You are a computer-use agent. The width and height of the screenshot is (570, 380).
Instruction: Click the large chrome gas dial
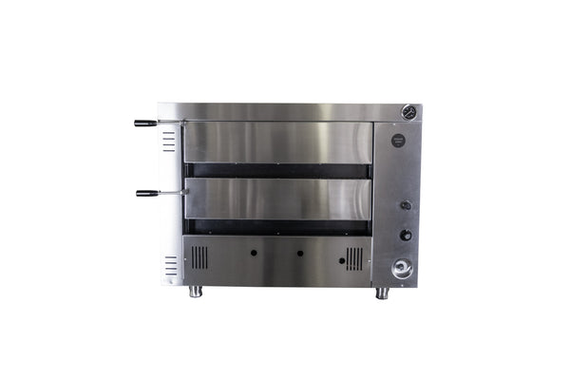tap(403, 269)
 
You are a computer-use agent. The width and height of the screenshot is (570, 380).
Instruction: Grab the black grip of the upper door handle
tap(145, 123)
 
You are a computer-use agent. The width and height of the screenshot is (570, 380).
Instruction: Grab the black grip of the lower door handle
tap(147, 193)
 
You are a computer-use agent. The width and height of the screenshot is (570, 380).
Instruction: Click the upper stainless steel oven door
tap(276, 142)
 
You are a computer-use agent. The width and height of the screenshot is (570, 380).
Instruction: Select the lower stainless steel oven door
tap(276, 199)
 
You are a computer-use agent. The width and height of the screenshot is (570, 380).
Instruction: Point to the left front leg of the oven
tap(196, 292)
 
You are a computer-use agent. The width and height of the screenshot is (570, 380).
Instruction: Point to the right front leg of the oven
tap(382, 293)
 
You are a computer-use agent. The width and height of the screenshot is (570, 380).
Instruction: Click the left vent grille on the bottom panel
tap(199, 257)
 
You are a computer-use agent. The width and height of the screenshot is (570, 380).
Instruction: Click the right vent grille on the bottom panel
tap(354, 257)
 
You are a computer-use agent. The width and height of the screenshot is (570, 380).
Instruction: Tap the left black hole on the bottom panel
tap(254, 254)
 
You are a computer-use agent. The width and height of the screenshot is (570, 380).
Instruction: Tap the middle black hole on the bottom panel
tap(299, 254)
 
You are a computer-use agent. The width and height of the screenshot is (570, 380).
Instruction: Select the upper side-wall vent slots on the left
tap(169, 142)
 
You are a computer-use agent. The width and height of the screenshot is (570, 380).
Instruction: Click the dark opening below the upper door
tap(276, 171)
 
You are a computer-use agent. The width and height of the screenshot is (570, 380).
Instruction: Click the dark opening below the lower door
tap(276, 227)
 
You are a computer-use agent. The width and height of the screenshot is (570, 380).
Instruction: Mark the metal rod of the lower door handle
tap(173, 193)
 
